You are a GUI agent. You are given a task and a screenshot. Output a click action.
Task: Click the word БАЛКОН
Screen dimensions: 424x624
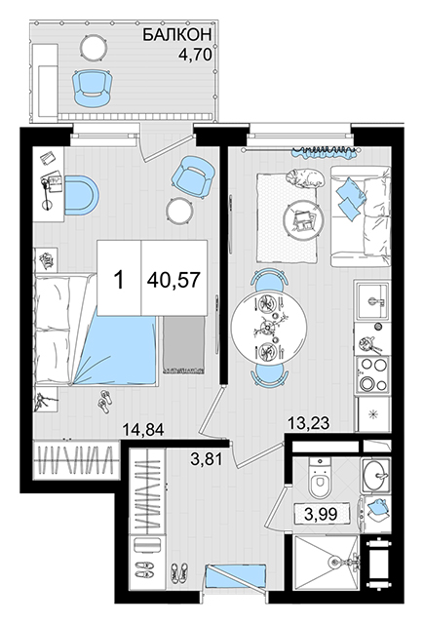(176, 35)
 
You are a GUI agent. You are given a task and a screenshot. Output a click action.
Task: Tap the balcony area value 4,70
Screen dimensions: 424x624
(194, 55)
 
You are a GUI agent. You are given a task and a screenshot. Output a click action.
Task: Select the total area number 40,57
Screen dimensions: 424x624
(173, 280)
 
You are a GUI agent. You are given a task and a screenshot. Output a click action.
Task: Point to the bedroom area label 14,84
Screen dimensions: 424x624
(142, 430)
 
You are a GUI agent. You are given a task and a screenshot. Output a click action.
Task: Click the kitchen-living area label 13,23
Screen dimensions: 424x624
(309, 423)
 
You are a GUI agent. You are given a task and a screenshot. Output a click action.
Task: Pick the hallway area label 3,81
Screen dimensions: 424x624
(206, 459)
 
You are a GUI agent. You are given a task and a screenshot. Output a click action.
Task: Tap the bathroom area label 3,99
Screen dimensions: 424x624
(321, 514)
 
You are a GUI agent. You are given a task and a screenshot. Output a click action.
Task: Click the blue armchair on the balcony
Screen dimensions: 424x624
(92, 88)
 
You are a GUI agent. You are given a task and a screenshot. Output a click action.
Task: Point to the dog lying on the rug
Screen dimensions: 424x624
(305, 177)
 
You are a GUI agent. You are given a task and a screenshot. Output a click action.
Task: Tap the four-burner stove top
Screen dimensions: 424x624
(373, 374)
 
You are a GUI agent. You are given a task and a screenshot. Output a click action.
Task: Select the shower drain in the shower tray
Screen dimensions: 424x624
(333, 562)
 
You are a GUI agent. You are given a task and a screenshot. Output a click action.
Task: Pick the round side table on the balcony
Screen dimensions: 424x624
(94, 48)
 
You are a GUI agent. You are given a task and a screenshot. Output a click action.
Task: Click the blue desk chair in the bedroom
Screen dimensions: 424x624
(81, 195)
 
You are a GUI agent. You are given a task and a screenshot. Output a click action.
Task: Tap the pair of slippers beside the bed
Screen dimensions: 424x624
(105, 402)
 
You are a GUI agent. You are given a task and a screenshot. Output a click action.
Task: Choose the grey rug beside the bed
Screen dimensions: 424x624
(183, 344)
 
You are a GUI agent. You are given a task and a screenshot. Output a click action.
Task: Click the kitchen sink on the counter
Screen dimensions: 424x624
(372, 300)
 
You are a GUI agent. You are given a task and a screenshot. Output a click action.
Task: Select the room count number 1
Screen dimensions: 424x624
(119, 280)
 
